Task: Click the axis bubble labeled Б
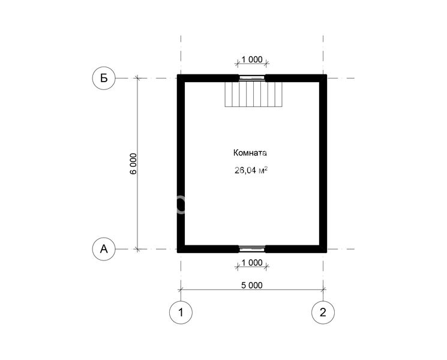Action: coord(104,78)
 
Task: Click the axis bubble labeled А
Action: coord(104,249)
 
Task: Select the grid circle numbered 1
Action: coord(181,313)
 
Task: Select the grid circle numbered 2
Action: coord(323,313)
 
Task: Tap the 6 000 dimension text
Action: coord(133,164)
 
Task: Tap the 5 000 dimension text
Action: coord(252,285)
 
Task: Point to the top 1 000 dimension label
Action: coord(252,59)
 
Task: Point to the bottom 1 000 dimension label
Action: coord(252,263)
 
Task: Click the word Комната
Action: coord(250,153)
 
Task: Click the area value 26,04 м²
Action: coord(251,170)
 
